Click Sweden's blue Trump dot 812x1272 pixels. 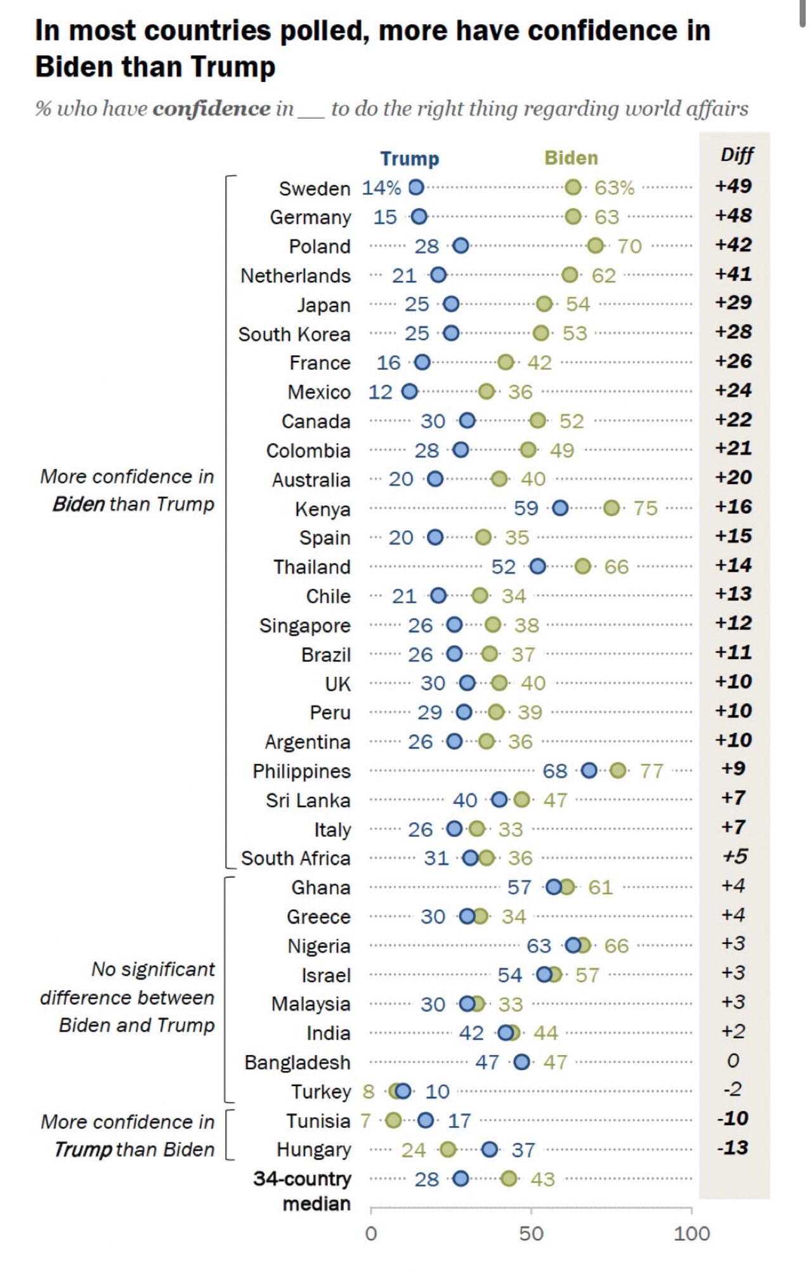pos(416,187)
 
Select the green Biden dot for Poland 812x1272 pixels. pos(595,246)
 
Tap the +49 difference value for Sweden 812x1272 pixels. pos(733,186)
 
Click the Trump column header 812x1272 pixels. pos(409,158)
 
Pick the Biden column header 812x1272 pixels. pos(571,158)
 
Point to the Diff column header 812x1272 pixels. pos(737,155)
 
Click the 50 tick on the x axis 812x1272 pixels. pos(531,1233)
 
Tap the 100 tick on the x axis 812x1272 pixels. pos(691,1233)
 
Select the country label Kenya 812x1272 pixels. pos(322,509)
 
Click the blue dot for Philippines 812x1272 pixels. pos(589,770)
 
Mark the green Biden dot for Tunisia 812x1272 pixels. pos(393,1120)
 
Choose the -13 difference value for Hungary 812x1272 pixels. pos(733,1148)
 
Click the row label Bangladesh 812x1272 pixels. pos(297,1062)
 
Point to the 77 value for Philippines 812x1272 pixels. pos(652,771)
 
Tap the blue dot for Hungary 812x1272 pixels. pos(489,1149)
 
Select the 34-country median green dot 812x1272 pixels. pos(508,1179)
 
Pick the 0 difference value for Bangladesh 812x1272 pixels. pos(733,1060)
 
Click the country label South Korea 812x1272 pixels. pos(294,334)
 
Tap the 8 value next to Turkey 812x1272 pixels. pos(369,1091)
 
